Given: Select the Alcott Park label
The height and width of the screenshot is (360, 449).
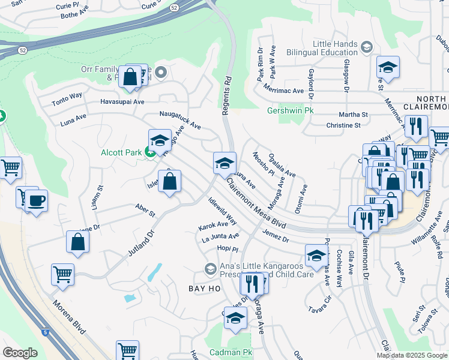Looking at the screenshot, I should [121, 152].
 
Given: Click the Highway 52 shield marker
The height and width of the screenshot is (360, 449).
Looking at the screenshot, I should [174, 7].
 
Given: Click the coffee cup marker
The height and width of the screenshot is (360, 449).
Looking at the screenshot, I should [36, 200].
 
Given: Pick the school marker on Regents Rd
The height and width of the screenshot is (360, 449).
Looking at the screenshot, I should [224, 163].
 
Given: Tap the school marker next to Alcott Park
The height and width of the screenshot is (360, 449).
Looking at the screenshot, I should [160, 141].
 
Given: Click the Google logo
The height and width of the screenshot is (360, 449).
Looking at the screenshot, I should [20, 353].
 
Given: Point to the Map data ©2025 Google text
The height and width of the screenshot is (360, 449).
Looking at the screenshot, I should [412, 355].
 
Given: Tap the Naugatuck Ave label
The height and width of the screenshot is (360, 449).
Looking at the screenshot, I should [179, 120].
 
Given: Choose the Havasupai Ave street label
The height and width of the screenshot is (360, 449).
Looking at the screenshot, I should [122, 102].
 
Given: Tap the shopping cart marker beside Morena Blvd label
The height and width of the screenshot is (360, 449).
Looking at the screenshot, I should [62, 274].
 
